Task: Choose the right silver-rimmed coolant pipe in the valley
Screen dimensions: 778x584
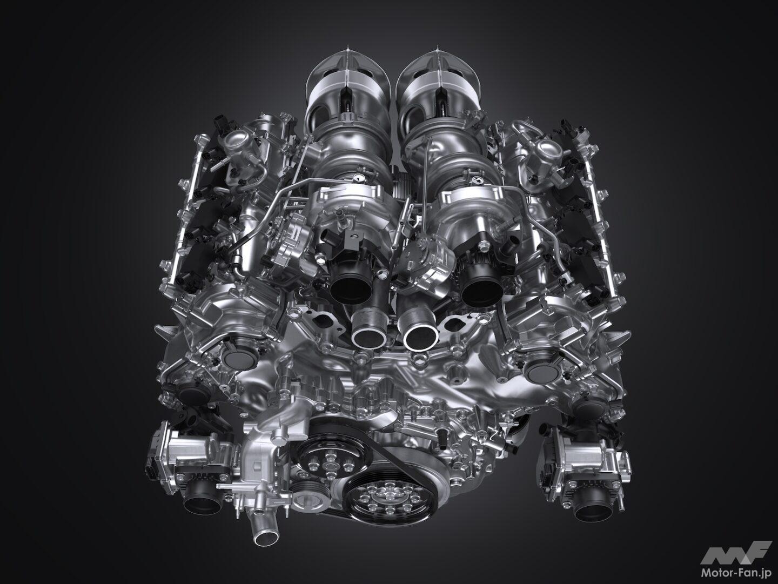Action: [420, 335]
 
